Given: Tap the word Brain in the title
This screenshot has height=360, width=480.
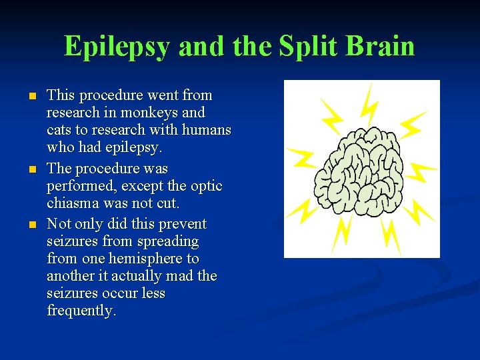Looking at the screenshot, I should click(x=380, y=46).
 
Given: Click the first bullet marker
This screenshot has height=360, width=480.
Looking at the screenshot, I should click(x=31, y=97).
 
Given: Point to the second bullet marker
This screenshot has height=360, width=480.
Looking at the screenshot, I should click(x=31, y=169).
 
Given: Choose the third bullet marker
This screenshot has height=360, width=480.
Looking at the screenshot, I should click(x=31, y=225).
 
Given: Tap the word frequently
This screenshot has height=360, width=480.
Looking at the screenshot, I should click(x=81, y=311).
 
